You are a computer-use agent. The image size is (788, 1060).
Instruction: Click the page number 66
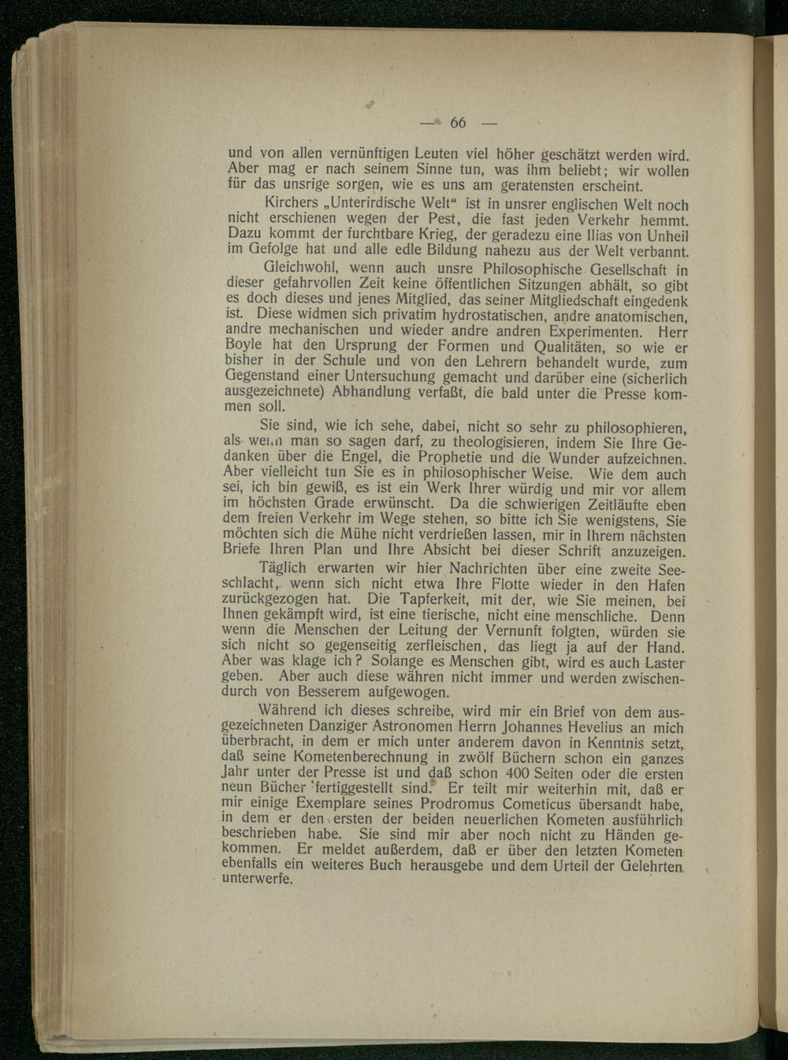(x=458, y=123)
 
